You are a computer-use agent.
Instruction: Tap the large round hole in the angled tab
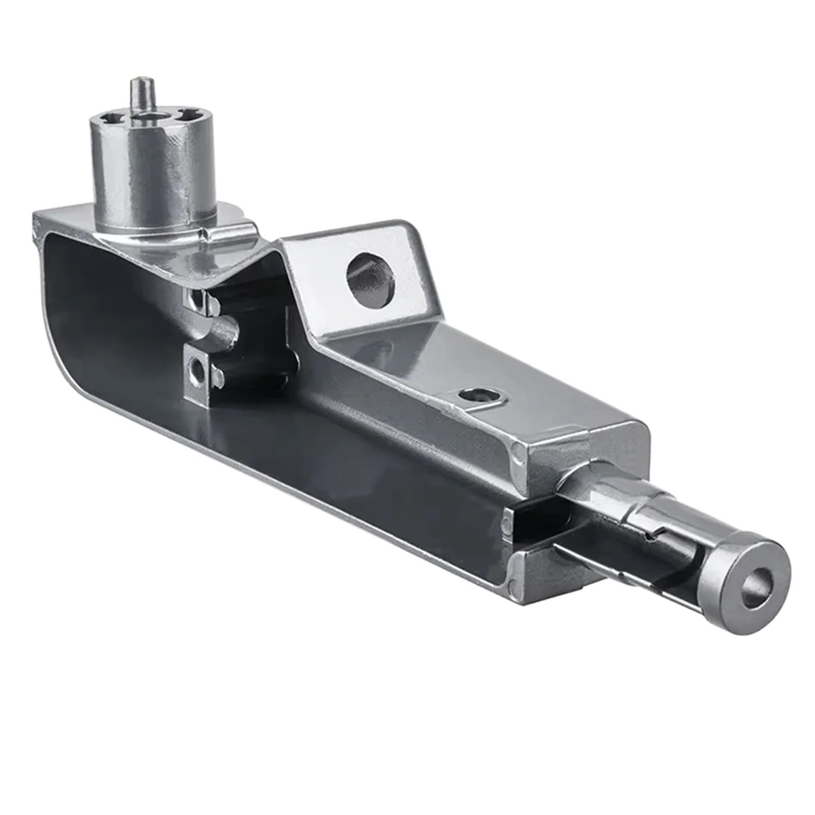click(370, 278)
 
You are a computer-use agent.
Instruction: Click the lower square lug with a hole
click(199, 370)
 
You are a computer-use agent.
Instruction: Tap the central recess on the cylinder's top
click(146, 122)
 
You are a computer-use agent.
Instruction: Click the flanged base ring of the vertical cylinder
click(156, 231)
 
